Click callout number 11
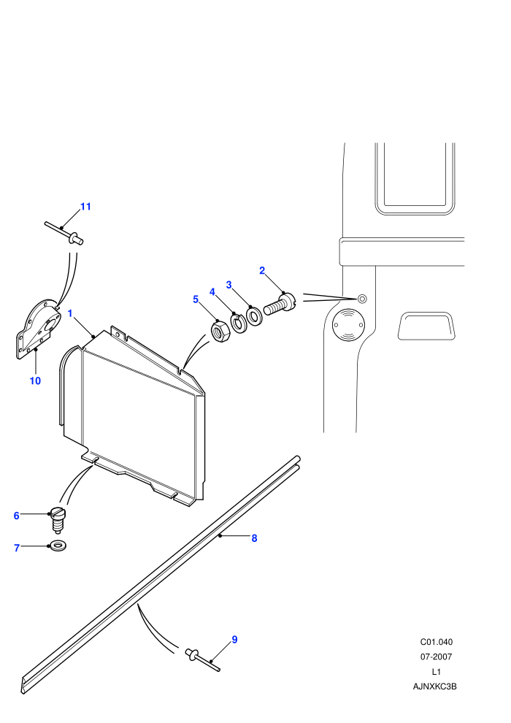tap(85, 207)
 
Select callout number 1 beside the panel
tap(70, 313)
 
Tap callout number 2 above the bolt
tap(262, 271)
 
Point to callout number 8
tap(254, 538)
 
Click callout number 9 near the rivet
tap(234, 640)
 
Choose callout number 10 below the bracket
tap(35, 381)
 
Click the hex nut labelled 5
tap(218, 332)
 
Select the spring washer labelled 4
tap(239, 324)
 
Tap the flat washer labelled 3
tap(254, 315)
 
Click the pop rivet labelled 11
tap(64, 234)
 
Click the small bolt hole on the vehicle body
tap(362, 299)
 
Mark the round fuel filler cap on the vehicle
tap(349, 324)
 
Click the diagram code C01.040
tap(436, 642)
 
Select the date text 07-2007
tap(436, 657)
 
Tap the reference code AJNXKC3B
tap(434, 686)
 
